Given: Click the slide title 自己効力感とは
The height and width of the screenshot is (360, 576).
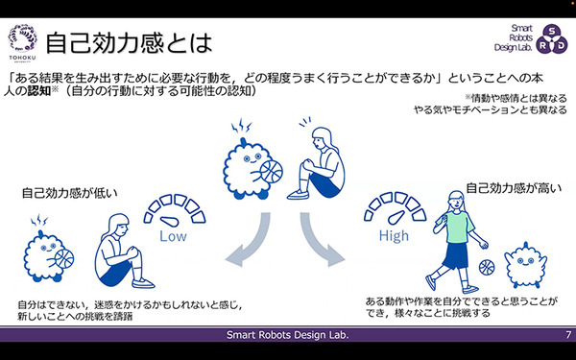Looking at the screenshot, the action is point(130,42).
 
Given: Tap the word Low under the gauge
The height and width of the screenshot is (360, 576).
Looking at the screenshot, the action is point(174,235).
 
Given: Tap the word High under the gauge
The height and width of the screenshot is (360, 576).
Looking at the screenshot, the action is point(394,235).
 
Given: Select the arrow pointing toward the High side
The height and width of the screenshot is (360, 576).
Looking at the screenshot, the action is point(322,243).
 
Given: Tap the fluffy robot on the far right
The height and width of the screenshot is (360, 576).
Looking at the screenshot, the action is point(526,264).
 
